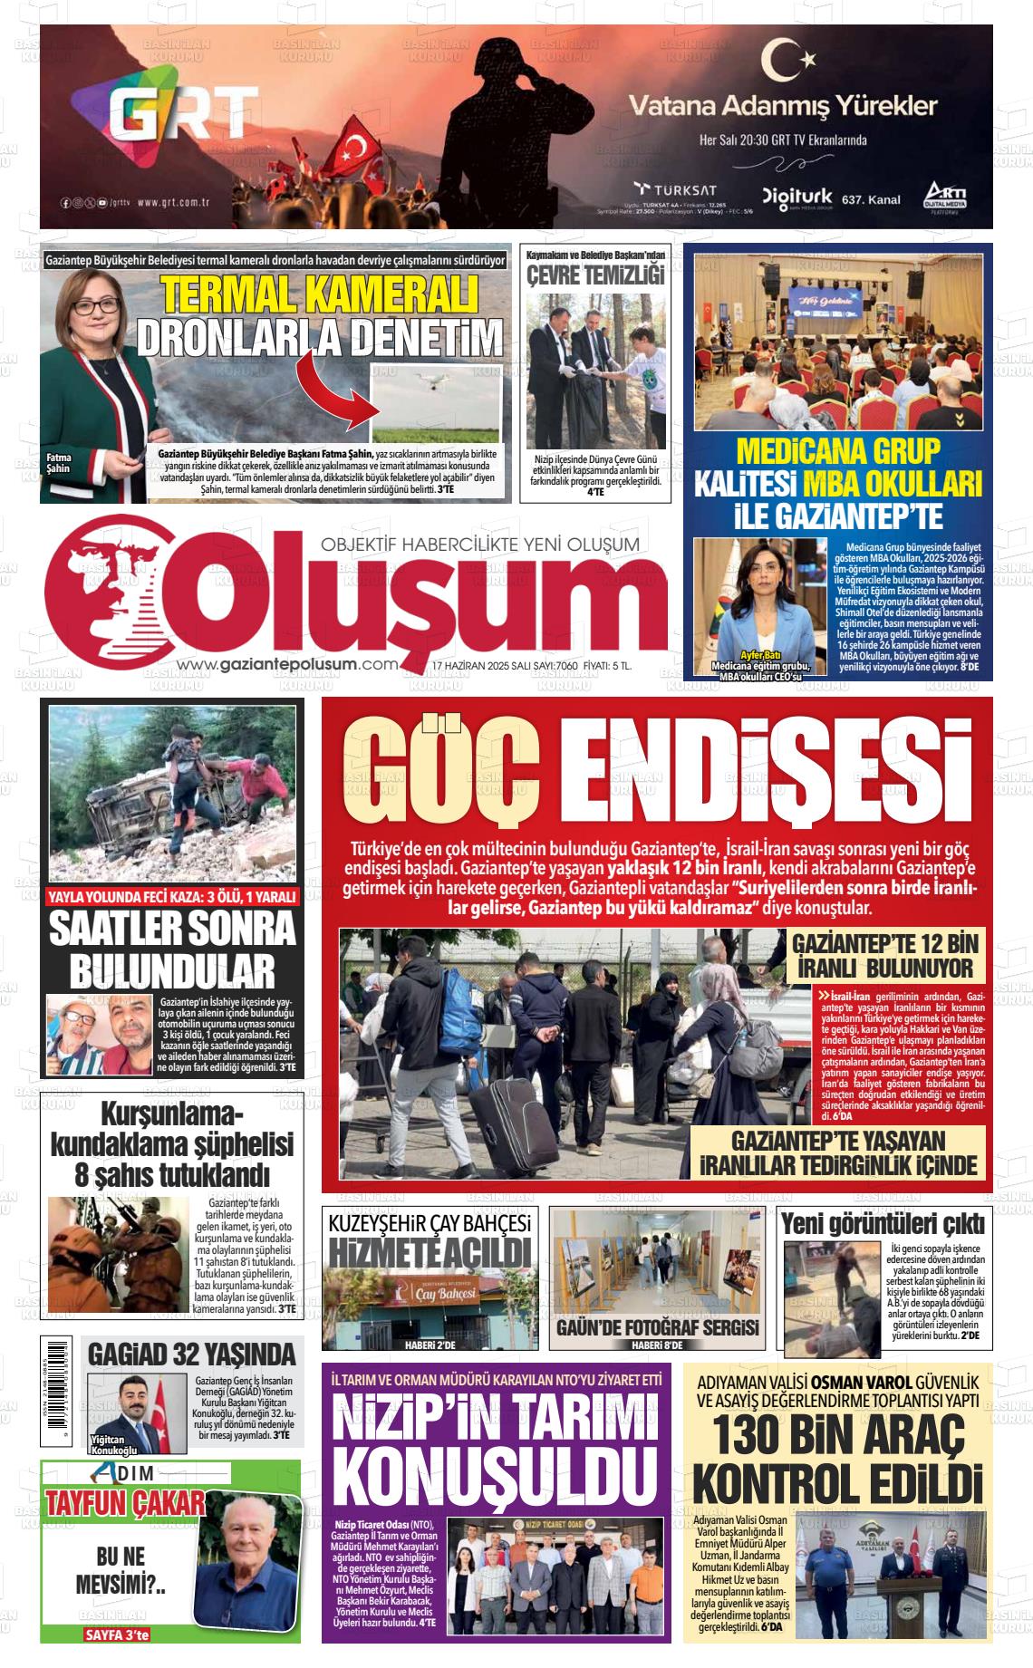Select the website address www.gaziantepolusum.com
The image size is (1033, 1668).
pyautogui.click(x=288, y=665)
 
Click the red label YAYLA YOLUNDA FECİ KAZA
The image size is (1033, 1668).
pyautogui.click(x=171, y=898)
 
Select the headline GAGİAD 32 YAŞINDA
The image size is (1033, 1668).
pyautogui.click(x=191, y=1354)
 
